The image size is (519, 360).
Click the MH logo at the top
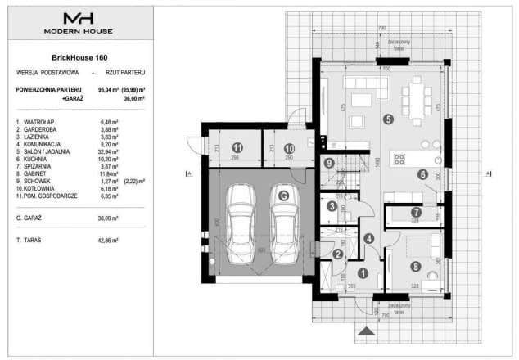[79, 17]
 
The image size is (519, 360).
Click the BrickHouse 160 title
[79, 57]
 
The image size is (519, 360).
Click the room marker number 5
[388, 119]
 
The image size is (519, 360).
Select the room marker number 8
[415, 265]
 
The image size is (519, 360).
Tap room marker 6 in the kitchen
[422, 173]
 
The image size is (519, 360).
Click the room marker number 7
[415, 212]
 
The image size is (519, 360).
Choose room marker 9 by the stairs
[327, 163]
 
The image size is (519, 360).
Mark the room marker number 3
[330, 207]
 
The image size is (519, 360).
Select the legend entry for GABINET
[34, 173]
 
